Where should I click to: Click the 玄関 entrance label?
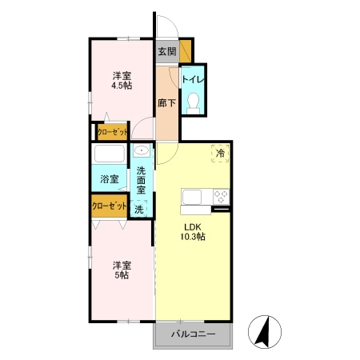point(167,51)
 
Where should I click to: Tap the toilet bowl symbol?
point(194,103)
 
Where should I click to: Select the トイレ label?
point(193,79)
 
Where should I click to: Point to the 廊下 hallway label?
point(166,103)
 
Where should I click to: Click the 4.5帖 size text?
point(122,86)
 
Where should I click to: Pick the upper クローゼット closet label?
point(112,132)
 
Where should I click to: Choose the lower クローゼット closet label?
point(110,206)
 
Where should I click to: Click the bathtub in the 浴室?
point(110,154)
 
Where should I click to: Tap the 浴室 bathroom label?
point(110,179)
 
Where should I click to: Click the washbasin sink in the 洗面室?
point(142,150)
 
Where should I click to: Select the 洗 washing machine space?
point(139,209)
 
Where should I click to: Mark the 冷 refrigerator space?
point(220,153)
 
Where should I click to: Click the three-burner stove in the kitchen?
point(221,197)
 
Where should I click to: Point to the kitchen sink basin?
point(191,197)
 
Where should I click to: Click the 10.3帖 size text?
point(193,237)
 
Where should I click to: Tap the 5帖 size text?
point(122,275)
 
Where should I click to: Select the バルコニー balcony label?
point(193,334)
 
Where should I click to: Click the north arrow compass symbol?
point(265,332)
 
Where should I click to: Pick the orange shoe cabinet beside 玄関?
point(185,51)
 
